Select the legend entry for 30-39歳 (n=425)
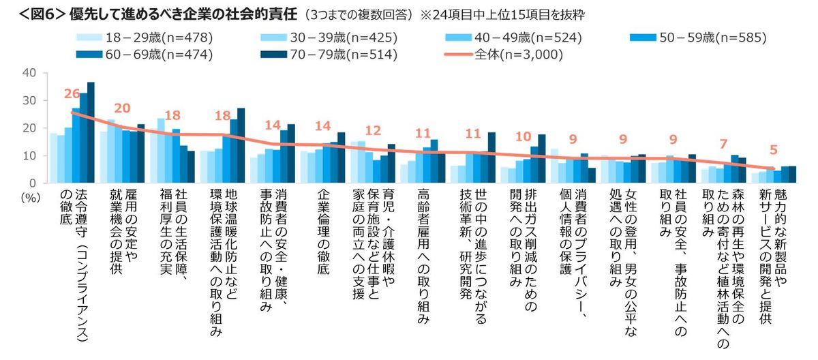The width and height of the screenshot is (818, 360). click(321, 36)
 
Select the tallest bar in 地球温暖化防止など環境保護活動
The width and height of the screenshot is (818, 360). click(241, 145)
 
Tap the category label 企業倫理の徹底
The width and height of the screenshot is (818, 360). click(323, 232)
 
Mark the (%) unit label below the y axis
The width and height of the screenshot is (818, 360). click(29, 194)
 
